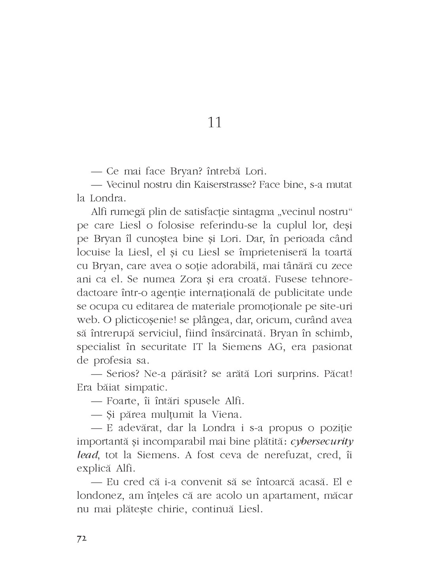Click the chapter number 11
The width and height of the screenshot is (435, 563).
tap(214, 123)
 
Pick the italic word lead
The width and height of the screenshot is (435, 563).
tap(87, 455)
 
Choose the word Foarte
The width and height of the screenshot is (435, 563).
tap(122, 401)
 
